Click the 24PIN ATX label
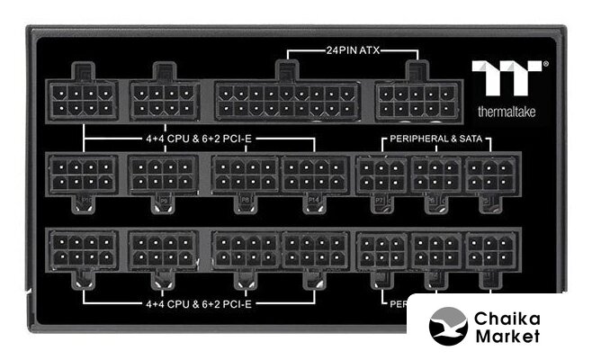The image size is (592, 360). tap(352, 50)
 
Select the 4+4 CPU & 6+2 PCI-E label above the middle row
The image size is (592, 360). tap(199, 140)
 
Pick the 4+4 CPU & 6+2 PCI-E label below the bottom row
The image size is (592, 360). tap(199, 303)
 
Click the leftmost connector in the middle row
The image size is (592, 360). tap(83, 173)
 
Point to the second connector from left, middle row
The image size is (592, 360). tap(163, 173)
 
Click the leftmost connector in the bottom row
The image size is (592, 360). tap(83, 249)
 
